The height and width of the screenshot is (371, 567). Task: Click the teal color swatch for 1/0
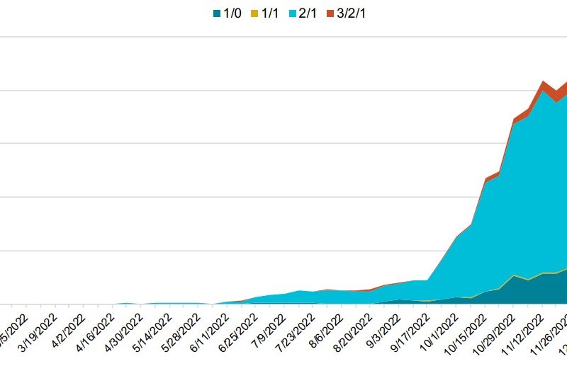click(x=216, y=13)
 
